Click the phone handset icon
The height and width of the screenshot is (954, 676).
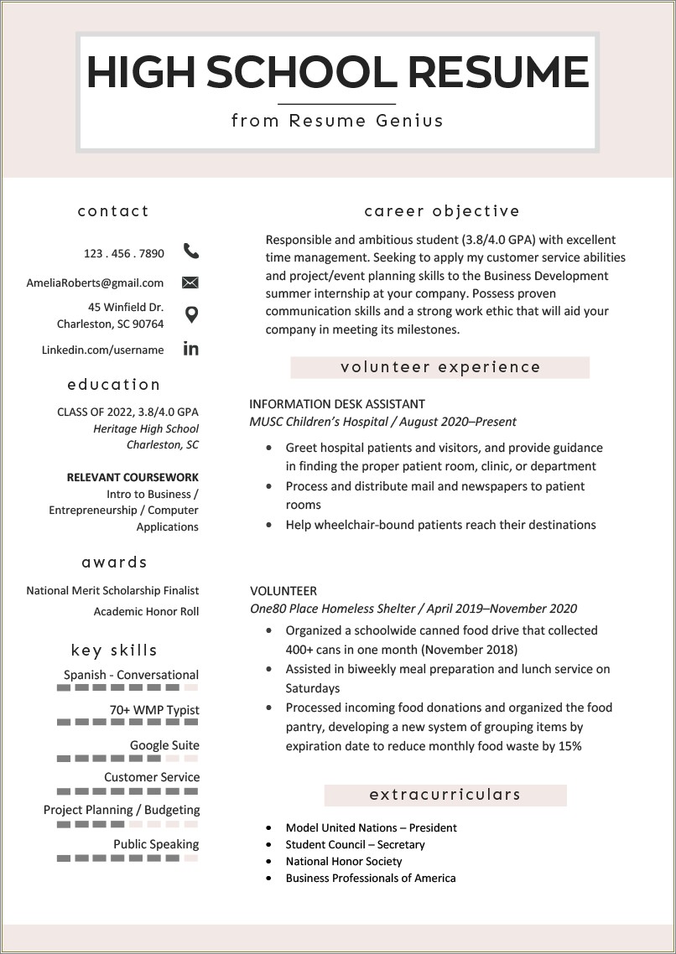coord(191,251)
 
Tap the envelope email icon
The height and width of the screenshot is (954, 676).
coord(190,283)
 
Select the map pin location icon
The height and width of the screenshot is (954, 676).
coord(191,315)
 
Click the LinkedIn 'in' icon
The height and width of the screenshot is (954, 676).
coord(191,349)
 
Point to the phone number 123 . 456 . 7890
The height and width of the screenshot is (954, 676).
coord(124,253)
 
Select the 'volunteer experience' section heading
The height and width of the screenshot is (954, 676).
coord(440,367)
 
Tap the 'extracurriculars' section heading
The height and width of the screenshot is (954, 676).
coord(445,795)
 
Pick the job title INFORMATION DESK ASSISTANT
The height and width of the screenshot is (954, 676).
coord(337,404)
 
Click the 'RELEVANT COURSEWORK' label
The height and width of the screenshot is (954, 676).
coord(133,478)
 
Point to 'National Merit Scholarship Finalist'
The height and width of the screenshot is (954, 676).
coord(112,591)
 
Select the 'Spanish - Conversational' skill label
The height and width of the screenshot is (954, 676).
coord(131,675)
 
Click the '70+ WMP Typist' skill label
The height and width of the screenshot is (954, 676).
coord(154,710)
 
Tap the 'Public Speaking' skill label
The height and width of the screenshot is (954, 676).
coord(156,844)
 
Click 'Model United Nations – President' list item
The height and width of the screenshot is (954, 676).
coord(371,827)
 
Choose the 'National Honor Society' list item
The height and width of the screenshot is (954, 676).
coord(344,861)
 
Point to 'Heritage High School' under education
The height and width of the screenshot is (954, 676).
coord(146,428)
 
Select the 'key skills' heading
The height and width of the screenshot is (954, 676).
coord(114,651)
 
